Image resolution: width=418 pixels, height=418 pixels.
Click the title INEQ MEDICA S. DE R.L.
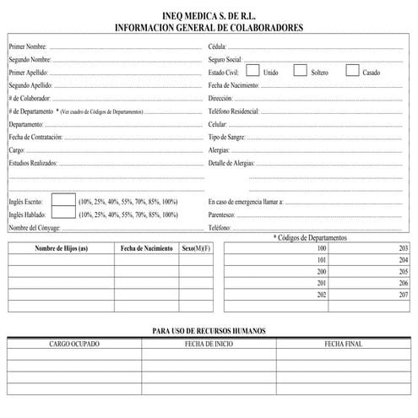(209, 16)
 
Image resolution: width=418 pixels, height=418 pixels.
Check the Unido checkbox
(252, 71)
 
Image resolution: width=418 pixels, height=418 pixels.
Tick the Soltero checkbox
(300, 71)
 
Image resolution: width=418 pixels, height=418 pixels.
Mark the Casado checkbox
(352, 71)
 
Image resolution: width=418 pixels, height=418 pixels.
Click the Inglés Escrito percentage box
(63, 201)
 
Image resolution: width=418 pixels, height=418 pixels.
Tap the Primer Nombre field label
(28, 46)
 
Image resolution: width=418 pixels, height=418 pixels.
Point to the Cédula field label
(218, 46)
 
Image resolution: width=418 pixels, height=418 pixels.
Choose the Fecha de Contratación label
(35, 137)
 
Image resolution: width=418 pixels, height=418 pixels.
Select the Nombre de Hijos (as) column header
(61, 248)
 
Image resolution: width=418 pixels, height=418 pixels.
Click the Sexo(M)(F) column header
(196, 248)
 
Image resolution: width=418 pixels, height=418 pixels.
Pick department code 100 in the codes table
(321, 248)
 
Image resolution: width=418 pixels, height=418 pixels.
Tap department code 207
(403, 296)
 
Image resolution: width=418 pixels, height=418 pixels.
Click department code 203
(403, 248)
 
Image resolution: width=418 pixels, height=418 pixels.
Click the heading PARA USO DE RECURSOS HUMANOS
(209, 331)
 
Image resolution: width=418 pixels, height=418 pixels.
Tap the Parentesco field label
(222, 214)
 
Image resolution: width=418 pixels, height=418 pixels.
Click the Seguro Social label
(225, 60)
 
